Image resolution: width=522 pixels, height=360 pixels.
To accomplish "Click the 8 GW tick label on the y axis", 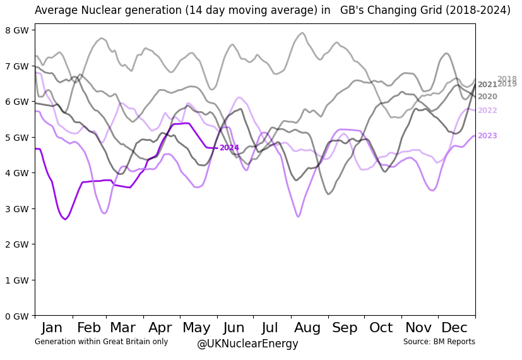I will (x=17, y=30).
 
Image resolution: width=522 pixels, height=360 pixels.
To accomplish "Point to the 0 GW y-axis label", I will (x=17, y=316).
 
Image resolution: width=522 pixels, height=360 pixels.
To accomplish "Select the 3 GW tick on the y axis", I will (x=17, y=208).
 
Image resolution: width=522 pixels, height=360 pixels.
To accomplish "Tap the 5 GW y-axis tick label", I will (x=17, y=137).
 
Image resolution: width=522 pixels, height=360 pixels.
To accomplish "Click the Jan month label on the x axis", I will (x=52, y=328).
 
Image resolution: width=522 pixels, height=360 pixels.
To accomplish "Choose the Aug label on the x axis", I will (x=307, y=328).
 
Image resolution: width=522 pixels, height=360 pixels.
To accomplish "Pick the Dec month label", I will (x=454, y=328).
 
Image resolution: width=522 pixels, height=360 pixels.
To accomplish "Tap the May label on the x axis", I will (x=196, y=328).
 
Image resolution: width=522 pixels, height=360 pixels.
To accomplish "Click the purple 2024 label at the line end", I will (x=229, y=148).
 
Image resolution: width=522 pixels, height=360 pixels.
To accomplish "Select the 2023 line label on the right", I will (x=487, y=136).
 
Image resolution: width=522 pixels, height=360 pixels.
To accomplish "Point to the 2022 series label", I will (x=487, y=111).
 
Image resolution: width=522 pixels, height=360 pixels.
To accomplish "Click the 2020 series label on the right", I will (x=487, y=97).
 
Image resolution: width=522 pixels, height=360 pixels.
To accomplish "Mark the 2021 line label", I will (x=487, y=85).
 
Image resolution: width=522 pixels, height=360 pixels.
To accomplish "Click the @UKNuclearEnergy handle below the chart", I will (x=247, y=344).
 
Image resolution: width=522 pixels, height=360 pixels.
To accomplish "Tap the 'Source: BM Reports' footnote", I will (x=439, y=342).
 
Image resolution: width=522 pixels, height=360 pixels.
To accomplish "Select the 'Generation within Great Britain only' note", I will (x=101, y=342).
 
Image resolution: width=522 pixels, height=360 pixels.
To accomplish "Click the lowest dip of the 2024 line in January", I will (x=65, y=219).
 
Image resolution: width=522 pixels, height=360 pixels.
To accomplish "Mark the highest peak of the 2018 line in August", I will (x=302, y=33).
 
